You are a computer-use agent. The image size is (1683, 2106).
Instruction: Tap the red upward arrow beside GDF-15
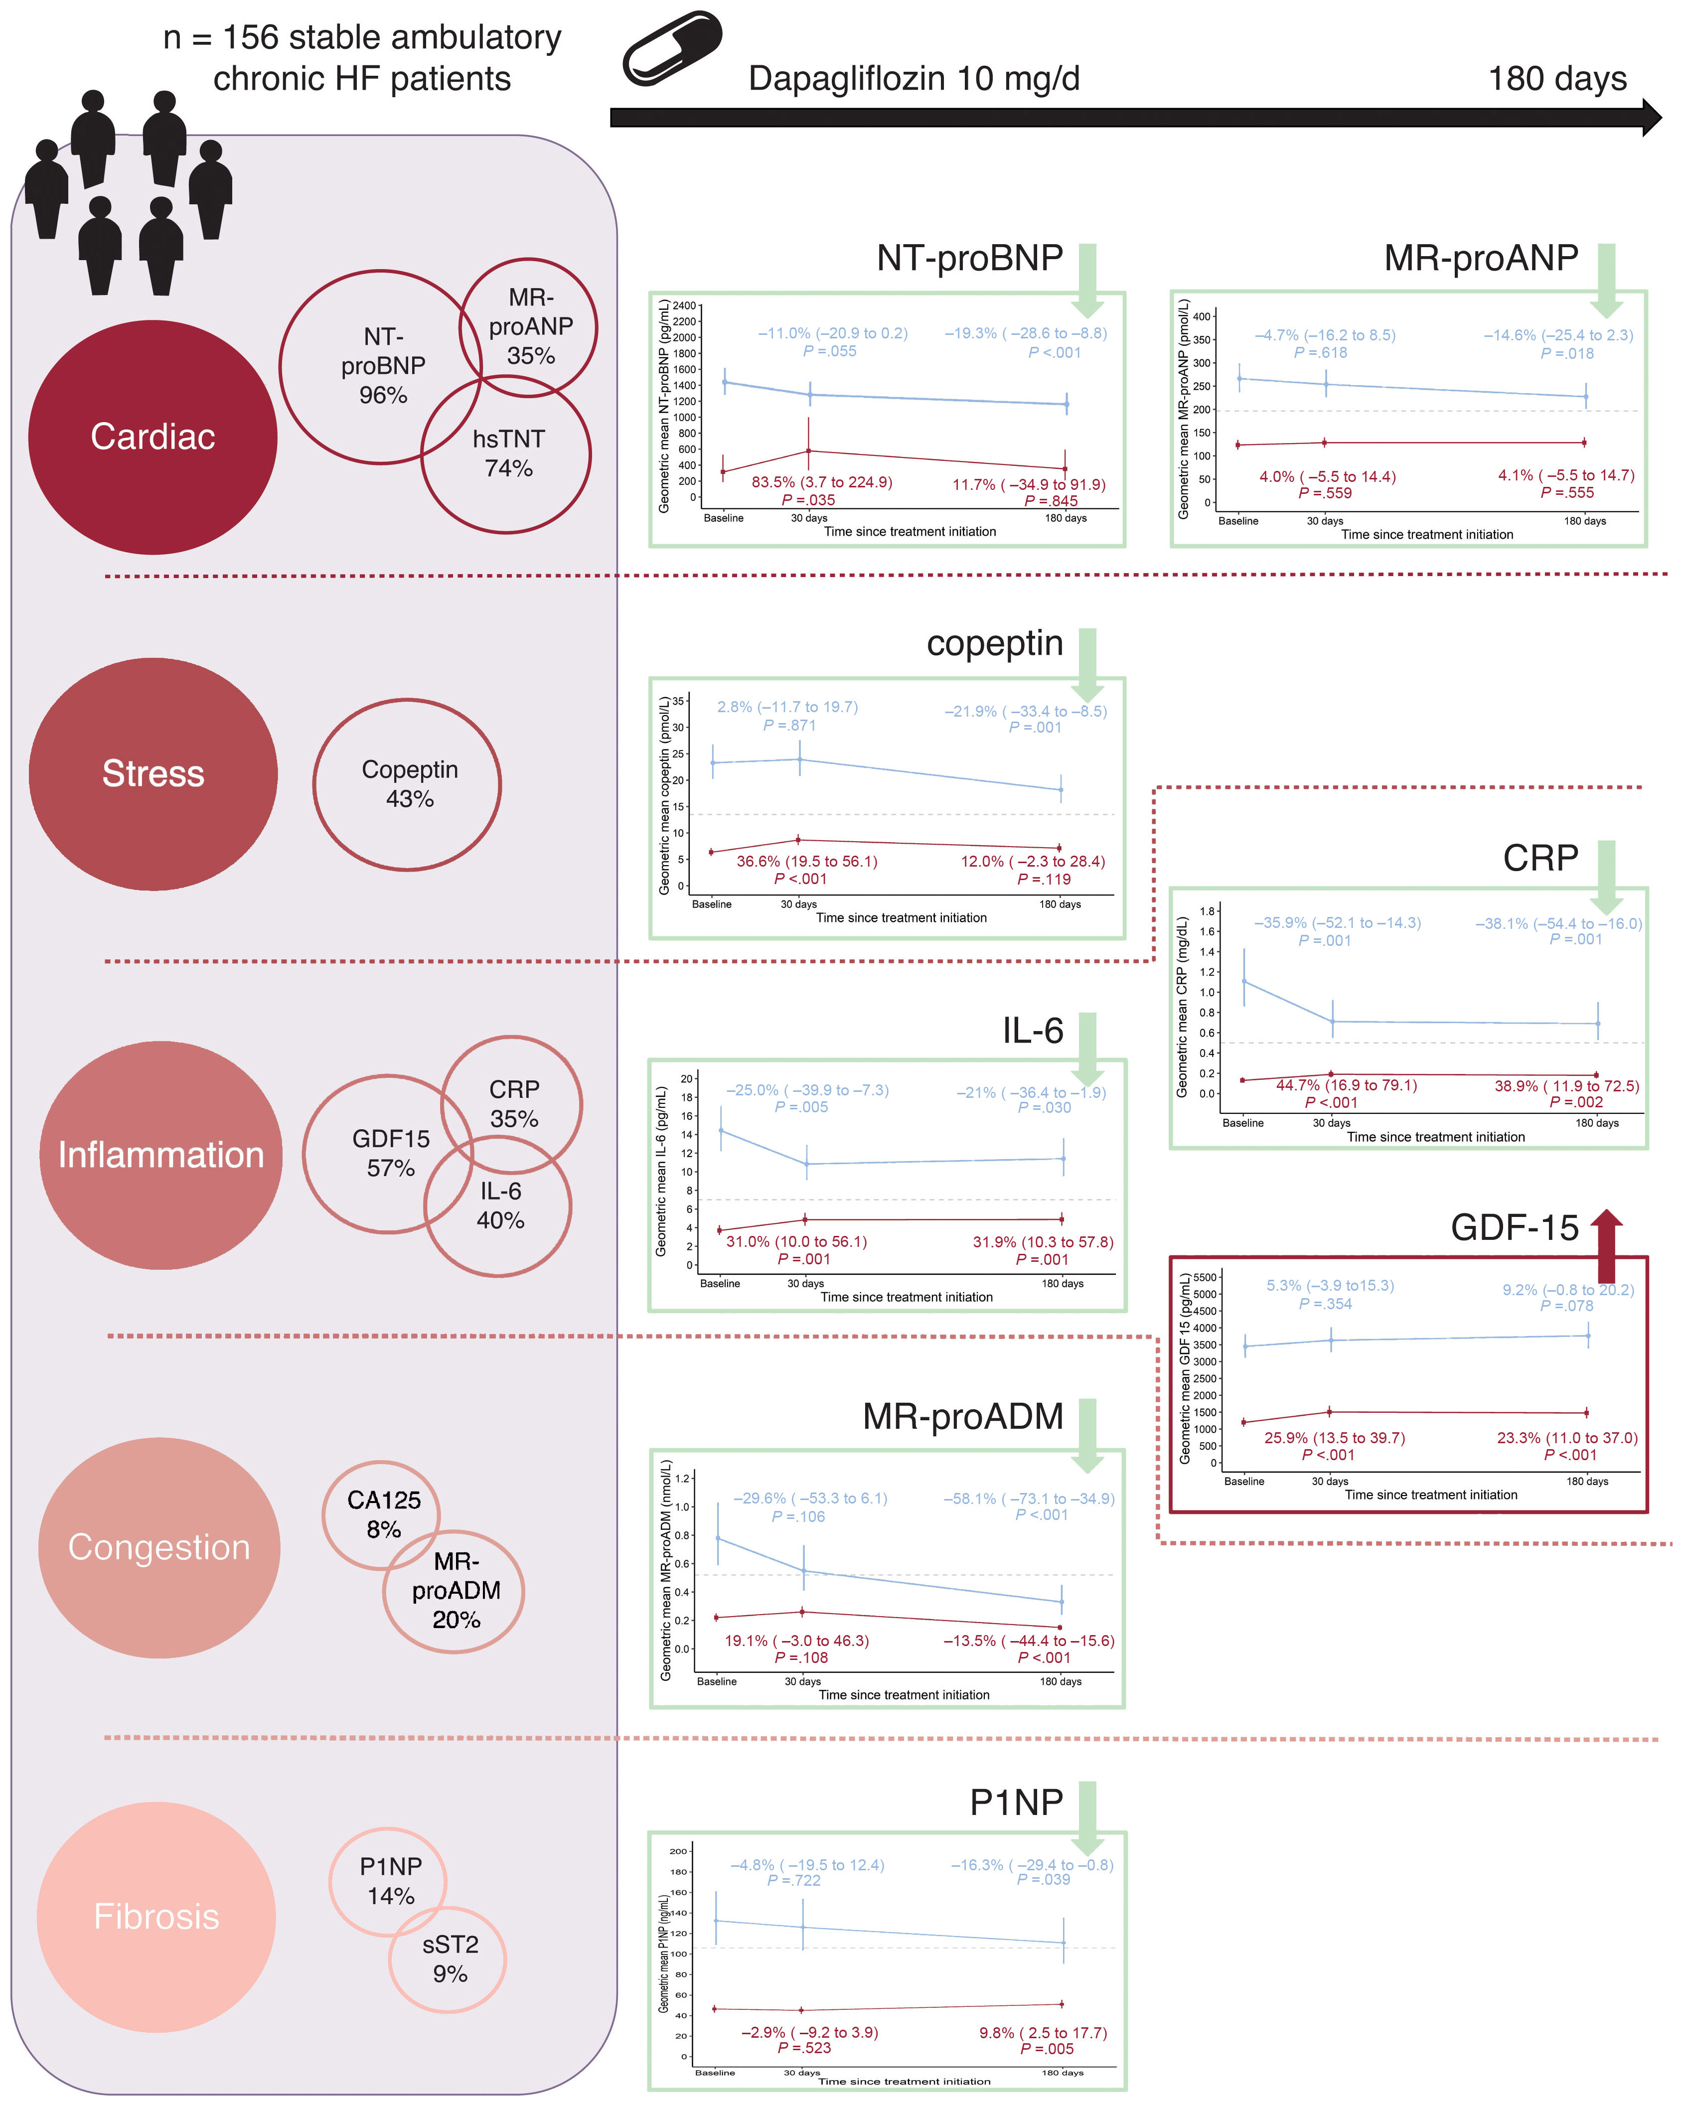pos(1606,1245)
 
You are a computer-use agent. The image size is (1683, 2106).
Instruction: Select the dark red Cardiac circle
pos(153,437)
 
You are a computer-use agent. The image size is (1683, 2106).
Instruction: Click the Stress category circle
pos(153,773)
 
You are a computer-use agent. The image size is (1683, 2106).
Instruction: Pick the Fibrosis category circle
pos(156,1917)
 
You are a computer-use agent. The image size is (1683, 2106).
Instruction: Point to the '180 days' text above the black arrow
pos(1557,78)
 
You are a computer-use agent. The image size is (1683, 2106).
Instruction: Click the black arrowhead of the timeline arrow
pos(1651,117)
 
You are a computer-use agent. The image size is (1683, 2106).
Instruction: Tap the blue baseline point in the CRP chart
pos(1243,981)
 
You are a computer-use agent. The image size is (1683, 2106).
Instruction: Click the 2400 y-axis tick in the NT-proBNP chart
pos(685,306)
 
